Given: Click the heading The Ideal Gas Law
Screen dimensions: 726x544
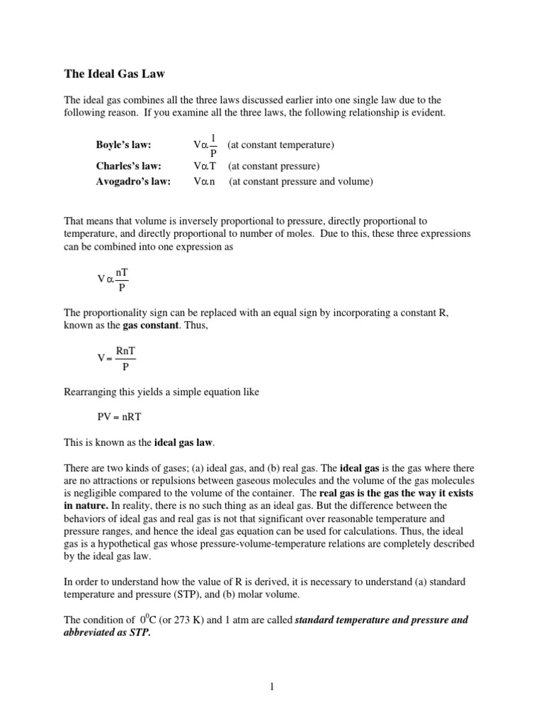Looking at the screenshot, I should coord(114,72).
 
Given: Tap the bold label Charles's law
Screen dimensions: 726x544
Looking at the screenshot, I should coord(128,167).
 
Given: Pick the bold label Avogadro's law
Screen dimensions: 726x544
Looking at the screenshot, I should coord(132,181).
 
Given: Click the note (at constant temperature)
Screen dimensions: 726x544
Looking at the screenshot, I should coord(280,145).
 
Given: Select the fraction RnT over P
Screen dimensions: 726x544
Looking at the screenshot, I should coord(125,359).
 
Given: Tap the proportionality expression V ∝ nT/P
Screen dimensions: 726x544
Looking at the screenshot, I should coord(113,279).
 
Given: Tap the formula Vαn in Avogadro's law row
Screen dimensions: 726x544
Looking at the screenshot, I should coord(204,181).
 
